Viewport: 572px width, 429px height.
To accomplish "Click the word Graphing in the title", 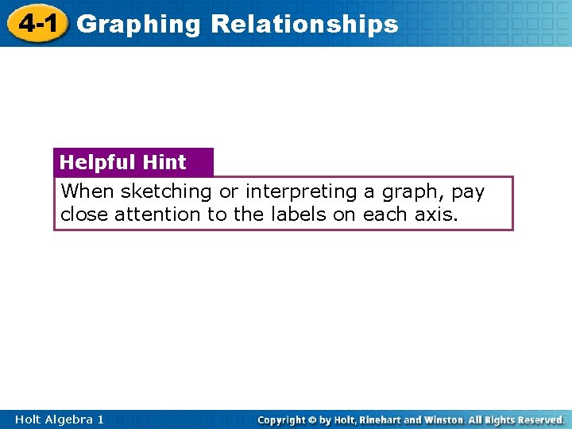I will (139, 25).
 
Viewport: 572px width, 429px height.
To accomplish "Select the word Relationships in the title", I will (304, 25).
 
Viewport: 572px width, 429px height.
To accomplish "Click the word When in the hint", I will (87, 191).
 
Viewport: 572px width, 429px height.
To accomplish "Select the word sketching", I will (166, 192).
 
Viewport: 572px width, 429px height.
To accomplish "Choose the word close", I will (84, 214).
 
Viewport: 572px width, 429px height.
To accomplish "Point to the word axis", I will (438, 214).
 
